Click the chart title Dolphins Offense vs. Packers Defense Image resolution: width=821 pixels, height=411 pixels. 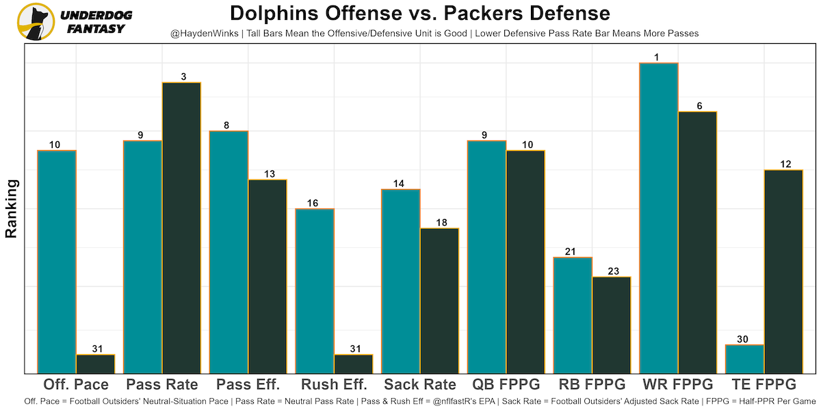[x=419, y=13]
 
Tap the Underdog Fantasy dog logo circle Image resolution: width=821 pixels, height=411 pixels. [x=36, y=21]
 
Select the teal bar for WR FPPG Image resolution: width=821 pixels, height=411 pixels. [x=658, y=218]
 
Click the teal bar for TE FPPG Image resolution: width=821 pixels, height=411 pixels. [x=744, y=359]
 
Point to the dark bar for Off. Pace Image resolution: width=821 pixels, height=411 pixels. [x=95, y=364]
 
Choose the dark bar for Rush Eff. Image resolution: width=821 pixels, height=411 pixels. [x=353, y=364]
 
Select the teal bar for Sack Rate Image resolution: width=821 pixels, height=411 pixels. [x=400, y=281]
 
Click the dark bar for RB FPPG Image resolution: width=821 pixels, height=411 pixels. [x=611, y=325]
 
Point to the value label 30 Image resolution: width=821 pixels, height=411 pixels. [x=744, y=339]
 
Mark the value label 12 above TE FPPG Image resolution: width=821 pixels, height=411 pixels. [x=785, y=164]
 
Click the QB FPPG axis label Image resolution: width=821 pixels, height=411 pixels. [x=506, y=384]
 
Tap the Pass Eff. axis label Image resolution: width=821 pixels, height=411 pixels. [x=248, y=384]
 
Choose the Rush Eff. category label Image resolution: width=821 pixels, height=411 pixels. [x=334, y=384]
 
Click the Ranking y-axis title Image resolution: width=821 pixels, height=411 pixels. [x=12, y=208]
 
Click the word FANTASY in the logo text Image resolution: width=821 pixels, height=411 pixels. [x=96, y=29]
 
